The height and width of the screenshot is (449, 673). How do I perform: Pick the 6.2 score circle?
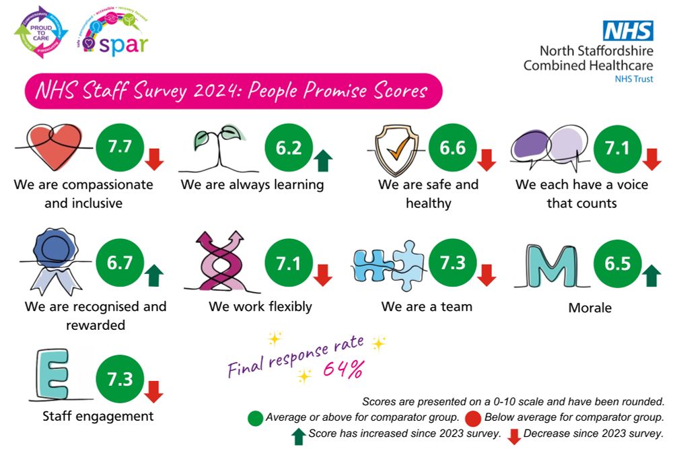(289, 147)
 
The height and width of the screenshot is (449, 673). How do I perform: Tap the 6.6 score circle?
(452, 147)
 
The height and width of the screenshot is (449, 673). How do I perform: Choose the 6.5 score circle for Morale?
(617, 263)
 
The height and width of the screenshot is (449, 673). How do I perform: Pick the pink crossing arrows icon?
(219, 263)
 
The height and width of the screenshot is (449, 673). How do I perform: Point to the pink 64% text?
(345, 370)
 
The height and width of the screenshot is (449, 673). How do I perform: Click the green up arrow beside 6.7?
(155, 275)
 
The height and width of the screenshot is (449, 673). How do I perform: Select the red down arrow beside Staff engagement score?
(155, 391)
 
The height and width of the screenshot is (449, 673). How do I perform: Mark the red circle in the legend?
(473, 417)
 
